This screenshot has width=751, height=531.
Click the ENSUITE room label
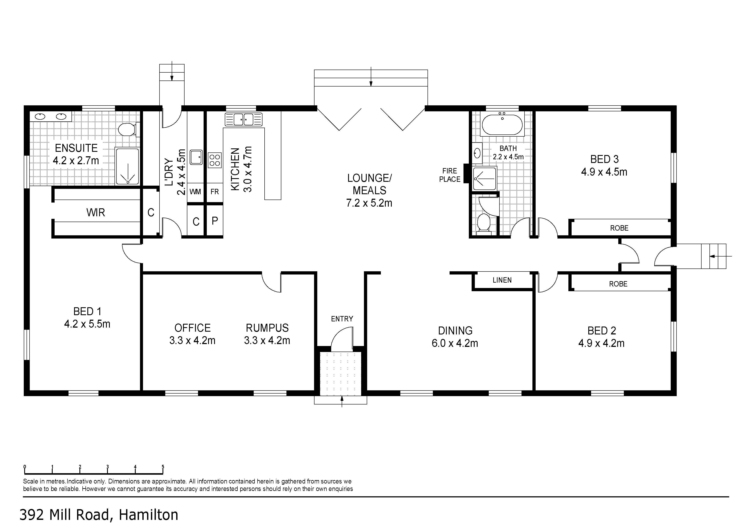76,148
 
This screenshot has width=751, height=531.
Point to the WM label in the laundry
195,192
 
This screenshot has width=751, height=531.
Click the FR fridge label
215,192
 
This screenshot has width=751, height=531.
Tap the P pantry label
215,221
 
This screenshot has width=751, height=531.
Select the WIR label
95,213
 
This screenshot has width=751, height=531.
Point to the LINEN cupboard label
502,280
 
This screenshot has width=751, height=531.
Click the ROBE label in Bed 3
619,228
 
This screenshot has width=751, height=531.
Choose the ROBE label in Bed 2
618,284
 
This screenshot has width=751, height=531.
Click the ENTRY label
342,319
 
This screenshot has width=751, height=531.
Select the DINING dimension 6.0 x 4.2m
455,343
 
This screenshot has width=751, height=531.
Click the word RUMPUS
267,328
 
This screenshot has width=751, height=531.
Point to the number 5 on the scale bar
163,467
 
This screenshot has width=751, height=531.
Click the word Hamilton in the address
149,515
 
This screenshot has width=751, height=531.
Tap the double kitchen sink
244,119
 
